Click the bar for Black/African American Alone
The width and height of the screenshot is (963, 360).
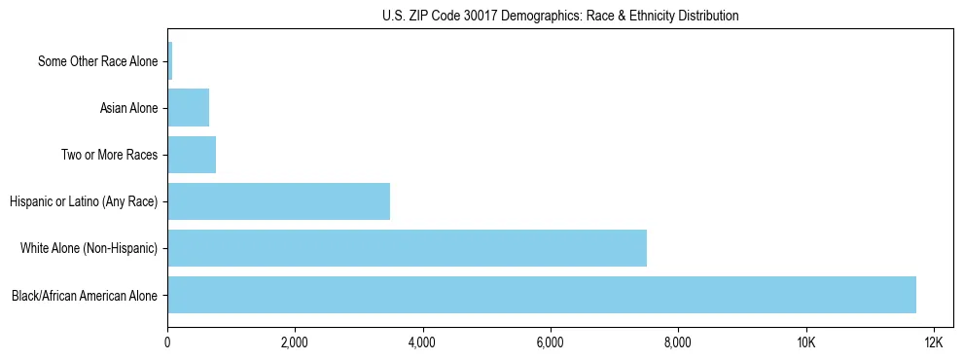pos(542,295)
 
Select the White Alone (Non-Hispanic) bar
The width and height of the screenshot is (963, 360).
pos(407,248)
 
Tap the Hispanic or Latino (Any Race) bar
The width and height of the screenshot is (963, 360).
pos(278,201)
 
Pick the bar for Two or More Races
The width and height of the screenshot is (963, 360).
pos(192,155)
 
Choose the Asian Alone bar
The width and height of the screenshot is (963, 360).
pos(188,108)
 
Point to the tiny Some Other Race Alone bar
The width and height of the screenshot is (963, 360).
pos(170,61)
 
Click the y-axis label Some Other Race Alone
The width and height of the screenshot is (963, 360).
pos(97,61)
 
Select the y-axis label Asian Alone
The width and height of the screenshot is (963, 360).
pos(128,108)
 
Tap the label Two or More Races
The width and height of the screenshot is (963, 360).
pos(109,155)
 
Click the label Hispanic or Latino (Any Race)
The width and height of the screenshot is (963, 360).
pos(84,201)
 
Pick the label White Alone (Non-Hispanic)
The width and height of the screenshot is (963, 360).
pos(89,248)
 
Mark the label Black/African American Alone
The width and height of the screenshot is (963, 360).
pos(85,295)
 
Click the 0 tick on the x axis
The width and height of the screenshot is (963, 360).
pos(167,342)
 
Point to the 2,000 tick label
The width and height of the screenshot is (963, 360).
pos(295,342)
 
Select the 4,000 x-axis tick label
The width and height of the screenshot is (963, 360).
pos(422,342)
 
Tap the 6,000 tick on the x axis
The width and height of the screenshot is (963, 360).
pos(551,342)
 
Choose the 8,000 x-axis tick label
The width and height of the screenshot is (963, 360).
pos(678,342)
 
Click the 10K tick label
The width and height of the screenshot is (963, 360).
pos(805,342)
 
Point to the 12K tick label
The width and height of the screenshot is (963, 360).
pos(933,342)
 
